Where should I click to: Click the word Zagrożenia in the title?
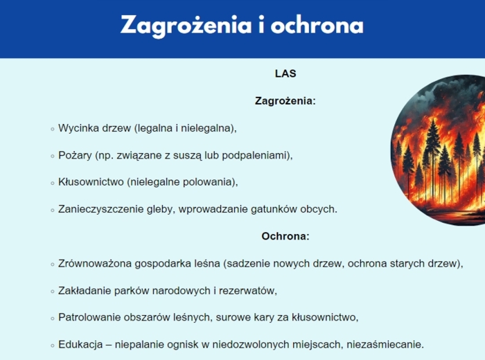181,25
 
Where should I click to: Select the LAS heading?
285,73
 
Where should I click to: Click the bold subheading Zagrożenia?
285,101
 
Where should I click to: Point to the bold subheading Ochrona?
285,236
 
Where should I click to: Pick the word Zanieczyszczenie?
99,209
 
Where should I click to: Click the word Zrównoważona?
94,264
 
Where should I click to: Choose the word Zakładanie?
85,291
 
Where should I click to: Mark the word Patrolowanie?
89,318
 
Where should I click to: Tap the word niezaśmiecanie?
389,344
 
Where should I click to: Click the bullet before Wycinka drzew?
52,129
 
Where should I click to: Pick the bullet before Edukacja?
52,345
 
